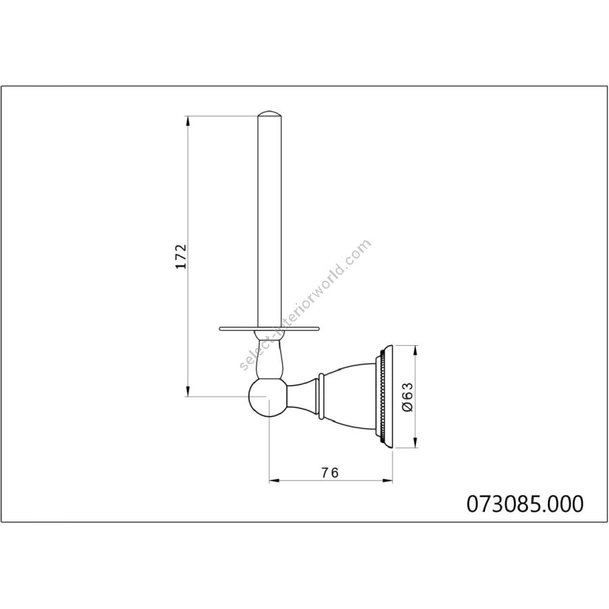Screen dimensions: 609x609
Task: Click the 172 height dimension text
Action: coord(181,256)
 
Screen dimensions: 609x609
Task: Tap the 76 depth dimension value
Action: coord(330,472)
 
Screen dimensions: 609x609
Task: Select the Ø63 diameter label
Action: coord(407,397)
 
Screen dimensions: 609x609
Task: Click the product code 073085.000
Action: coord(524,503)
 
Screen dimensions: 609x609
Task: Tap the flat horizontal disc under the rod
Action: coord(269,329)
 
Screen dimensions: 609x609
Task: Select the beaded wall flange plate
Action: coord(384,397)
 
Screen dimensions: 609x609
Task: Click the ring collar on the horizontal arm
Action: coord(321,397)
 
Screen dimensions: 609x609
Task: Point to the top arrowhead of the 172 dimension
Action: coord(188,120)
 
